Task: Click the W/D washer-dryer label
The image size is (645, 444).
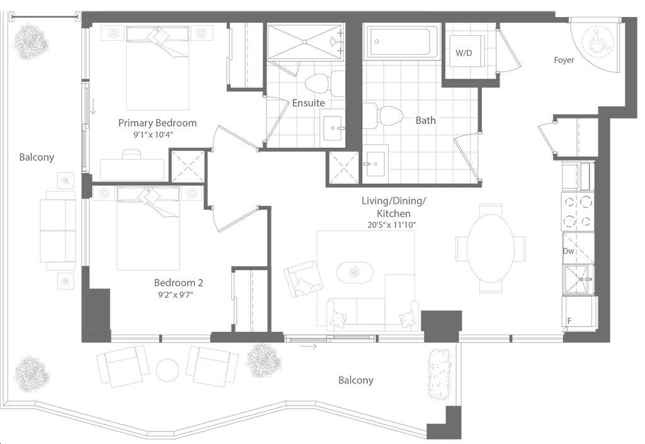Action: (x=464, y=53)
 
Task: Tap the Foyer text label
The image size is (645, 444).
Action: (x=564, y=60)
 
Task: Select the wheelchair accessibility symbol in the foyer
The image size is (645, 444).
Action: (x=597, y=41)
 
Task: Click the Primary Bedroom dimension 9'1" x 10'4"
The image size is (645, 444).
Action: (x=153, y=134)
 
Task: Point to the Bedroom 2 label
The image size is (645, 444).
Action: (x=178, y=282)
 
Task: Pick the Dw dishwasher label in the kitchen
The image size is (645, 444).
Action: (x=569, y=251)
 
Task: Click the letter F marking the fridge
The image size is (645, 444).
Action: (x=569, y=321)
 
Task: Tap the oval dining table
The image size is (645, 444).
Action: (x=490, y=248)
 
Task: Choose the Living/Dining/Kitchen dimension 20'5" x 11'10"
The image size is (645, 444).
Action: (x=392, y=225)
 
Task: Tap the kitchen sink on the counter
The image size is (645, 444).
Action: (x=578, y=280)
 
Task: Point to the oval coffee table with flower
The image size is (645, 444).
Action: (x=355, y=272)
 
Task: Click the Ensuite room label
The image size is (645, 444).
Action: (x=309, y=103)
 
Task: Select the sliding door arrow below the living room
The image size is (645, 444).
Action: (x=309, y=346)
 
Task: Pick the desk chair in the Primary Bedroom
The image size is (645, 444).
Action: (x=132, y=154)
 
